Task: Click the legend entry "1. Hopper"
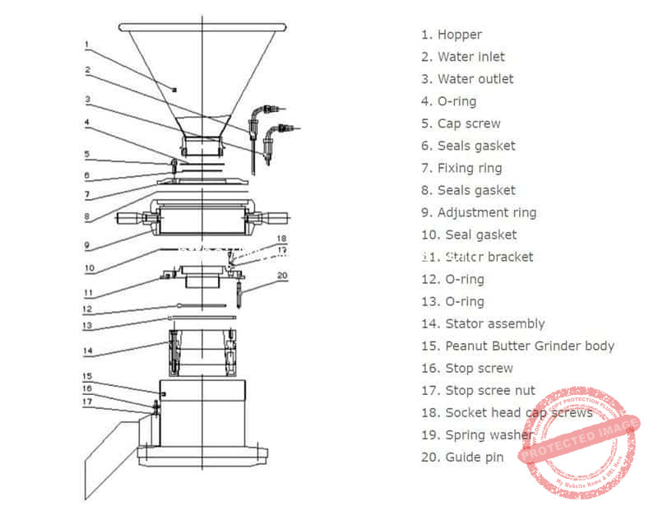click(x=451, y=35)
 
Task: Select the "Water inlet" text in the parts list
click(x=470, y=57)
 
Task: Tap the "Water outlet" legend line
click(x=475, y=79)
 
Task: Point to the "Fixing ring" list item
click(x=469, y=168)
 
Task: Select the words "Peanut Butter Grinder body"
click(x=529, y=346)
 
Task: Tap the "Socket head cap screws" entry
click(x=518, y=412)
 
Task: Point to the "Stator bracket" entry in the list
click(x=489, y=257)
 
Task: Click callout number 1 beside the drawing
click(x=86, y=44)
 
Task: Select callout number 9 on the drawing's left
click(x=86, y=244)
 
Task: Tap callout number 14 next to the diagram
click(x=87, y=350)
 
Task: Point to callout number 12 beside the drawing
click(x=87, y=309)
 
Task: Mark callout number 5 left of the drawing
click(x=86, y=153)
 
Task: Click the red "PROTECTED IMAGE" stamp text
click(x=580, y=439)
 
